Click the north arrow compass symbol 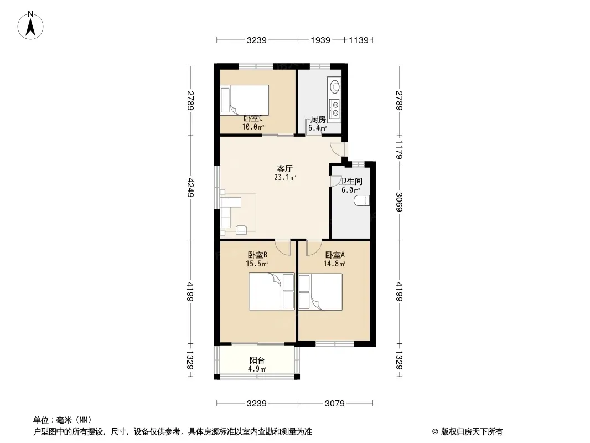pyautogui.click(x=30, y=25)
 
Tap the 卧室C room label pyautogui.click(x=253, y=119)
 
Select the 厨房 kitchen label pyautogui.click(x=318, y=120)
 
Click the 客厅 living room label pyautogui.click(x=285, y=169)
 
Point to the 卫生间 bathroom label pyautogui.click(x=351, y=182)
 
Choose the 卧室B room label pyautogui.click(x=257, y=255)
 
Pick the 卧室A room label pyautogui.click(x=335, y=255)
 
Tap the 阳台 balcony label pyautogui.click(x=257, y=360)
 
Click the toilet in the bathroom pyautogui.click(x=362, y=200)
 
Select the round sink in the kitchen pyautogui.click(x=334, y=86)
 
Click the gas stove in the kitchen pyautogui.click(x=334, y=107)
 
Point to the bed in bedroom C pyautogui.click(x=245, y=100)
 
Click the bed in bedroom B pyautogui.click(x=271, y=292)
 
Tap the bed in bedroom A pyautogui.click(x=320, y=292)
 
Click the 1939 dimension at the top pyautogui.click(x=320, y=40)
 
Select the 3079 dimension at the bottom pyautogui.click(x=335, y=404)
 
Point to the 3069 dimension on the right pyautogui.click(x=399, y=202)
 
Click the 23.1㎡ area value pyautogui.click(x=285, y=178)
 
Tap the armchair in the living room pyautogui.click(x=241, y=229)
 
